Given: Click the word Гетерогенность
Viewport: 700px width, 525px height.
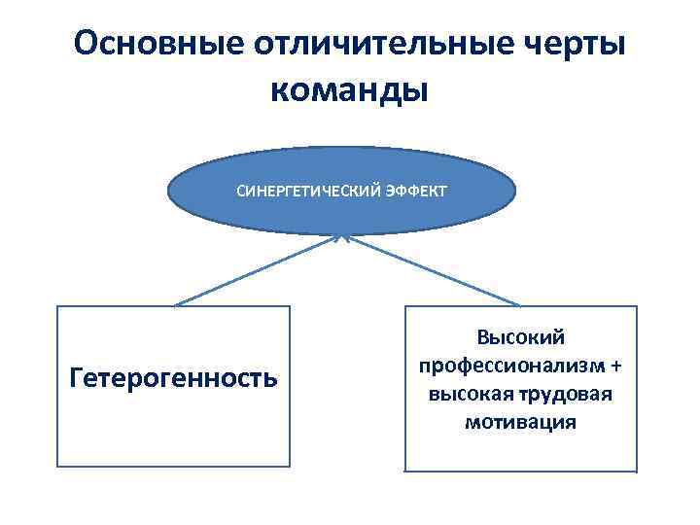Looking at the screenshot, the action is click(174, 376).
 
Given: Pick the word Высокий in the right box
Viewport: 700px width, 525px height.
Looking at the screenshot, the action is click(521, 336).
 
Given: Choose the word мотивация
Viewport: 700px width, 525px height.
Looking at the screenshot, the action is click(520, 423).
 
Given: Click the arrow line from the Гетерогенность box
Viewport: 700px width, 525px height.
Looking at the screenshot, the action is click(258, 270).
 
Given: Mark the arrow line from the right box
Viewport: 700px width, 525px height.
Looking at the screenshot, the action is click(433, 270).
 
